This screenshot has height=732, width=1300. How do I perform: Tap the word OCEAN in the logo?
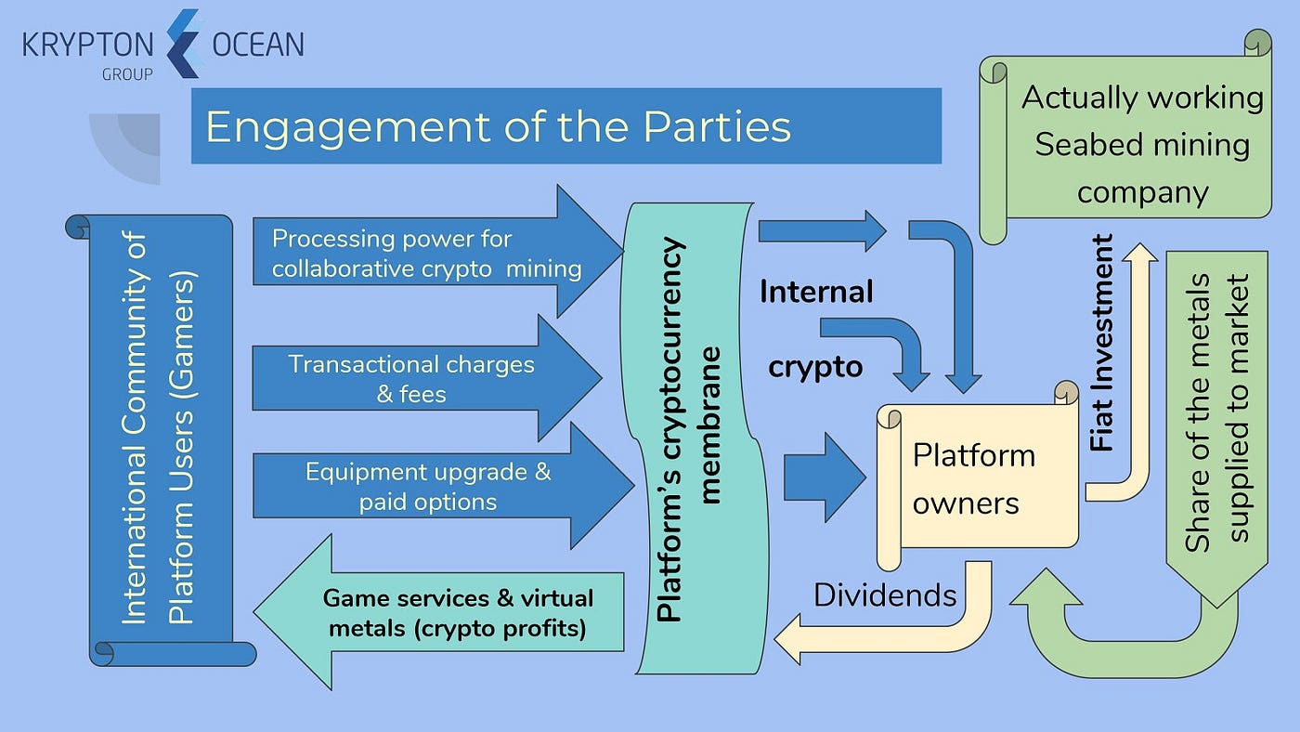click(x=258, y=45)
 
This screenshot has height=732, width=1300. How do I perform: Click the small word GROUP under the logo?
click(x=127, y=75)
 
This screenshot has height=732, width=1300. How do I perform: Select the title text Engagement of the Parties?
click(x=498, y=126)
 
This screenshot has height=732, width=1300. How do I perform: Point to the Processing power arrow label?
click(x=427, y=254)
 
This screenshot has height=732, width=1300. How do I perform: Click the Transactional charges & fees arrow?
click(x=411, y=378)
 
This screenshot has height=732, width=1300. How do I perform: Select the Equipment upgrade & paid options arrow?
click(x=428, y=486)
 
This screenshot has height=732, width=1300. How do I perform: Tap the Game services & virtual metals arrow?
click(x=458, y=613)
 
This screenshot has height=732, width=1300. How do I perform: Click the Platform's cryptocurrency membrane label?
click(x=688, y=428)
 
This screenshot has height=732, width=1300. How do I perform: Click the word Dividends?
click(x=884, y=595)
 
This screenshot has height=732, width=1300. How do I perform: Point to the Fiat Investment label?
click(x=1102, y=343)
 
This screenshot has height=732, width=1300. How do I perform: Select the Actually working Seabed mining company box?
click(x=1141, y=145)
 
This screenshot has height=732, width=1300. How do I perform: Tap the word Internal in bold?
click(x=816, y=293)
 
